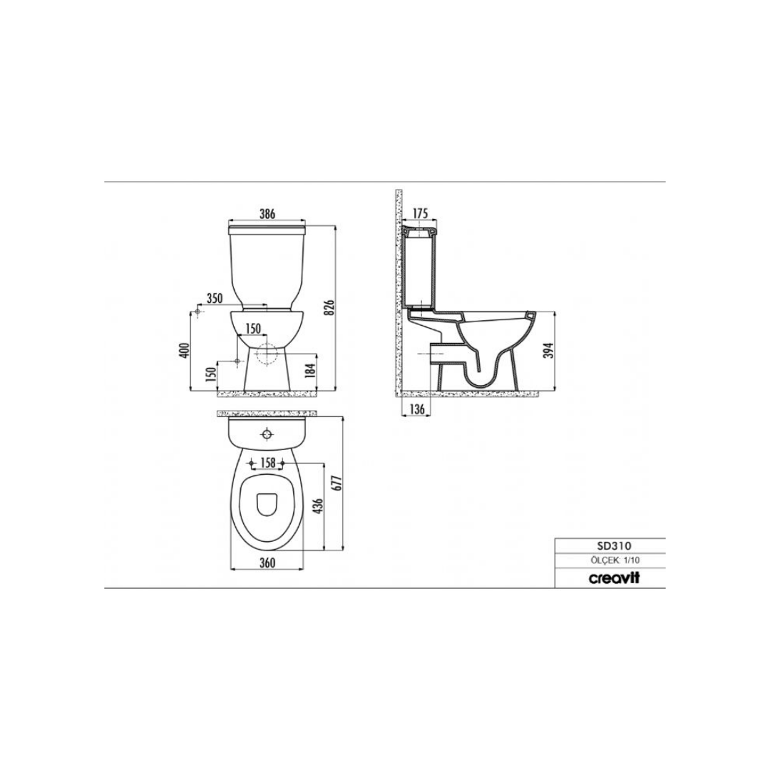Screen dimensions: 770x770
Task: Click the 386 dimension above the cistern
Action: tap(267, 214)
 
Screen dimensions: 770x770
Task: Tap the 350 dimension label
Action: tap(215, 298)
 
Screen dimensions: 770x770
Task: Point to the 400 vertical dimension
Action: tap(184, 350)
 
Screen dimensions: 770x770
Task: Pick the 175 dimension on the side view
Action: tap(421, 214)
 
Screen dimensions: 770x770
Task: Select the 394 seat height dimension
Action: tap(550, 349)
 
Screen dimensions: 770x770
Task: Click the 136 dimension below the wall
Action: tap(416, 409)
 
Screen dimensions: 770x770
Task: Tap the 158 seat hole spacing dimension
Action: tap(267, 462)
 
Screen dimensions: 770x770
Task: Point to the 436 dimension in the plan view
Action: tap(317, 506)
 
